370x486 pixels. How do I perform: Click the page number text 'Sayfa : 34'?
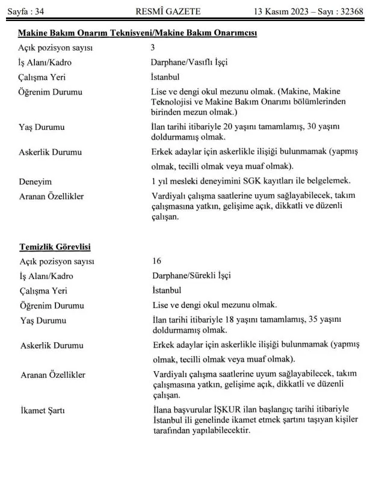[x=26, y=11]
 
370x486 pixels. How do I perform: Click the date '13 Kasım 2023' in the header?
[x=283, y=11]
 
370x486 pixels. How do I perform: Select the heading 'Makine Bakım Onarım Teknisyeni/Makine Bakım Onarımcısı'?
[x=138, y=33]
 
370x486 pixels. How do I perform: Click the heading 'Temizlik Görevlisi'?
[x=55, y=247]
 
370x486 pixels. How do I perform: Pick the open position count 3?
[x=153, y=48]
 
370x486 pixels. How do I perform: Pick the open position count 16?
[x=156, y=261]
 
